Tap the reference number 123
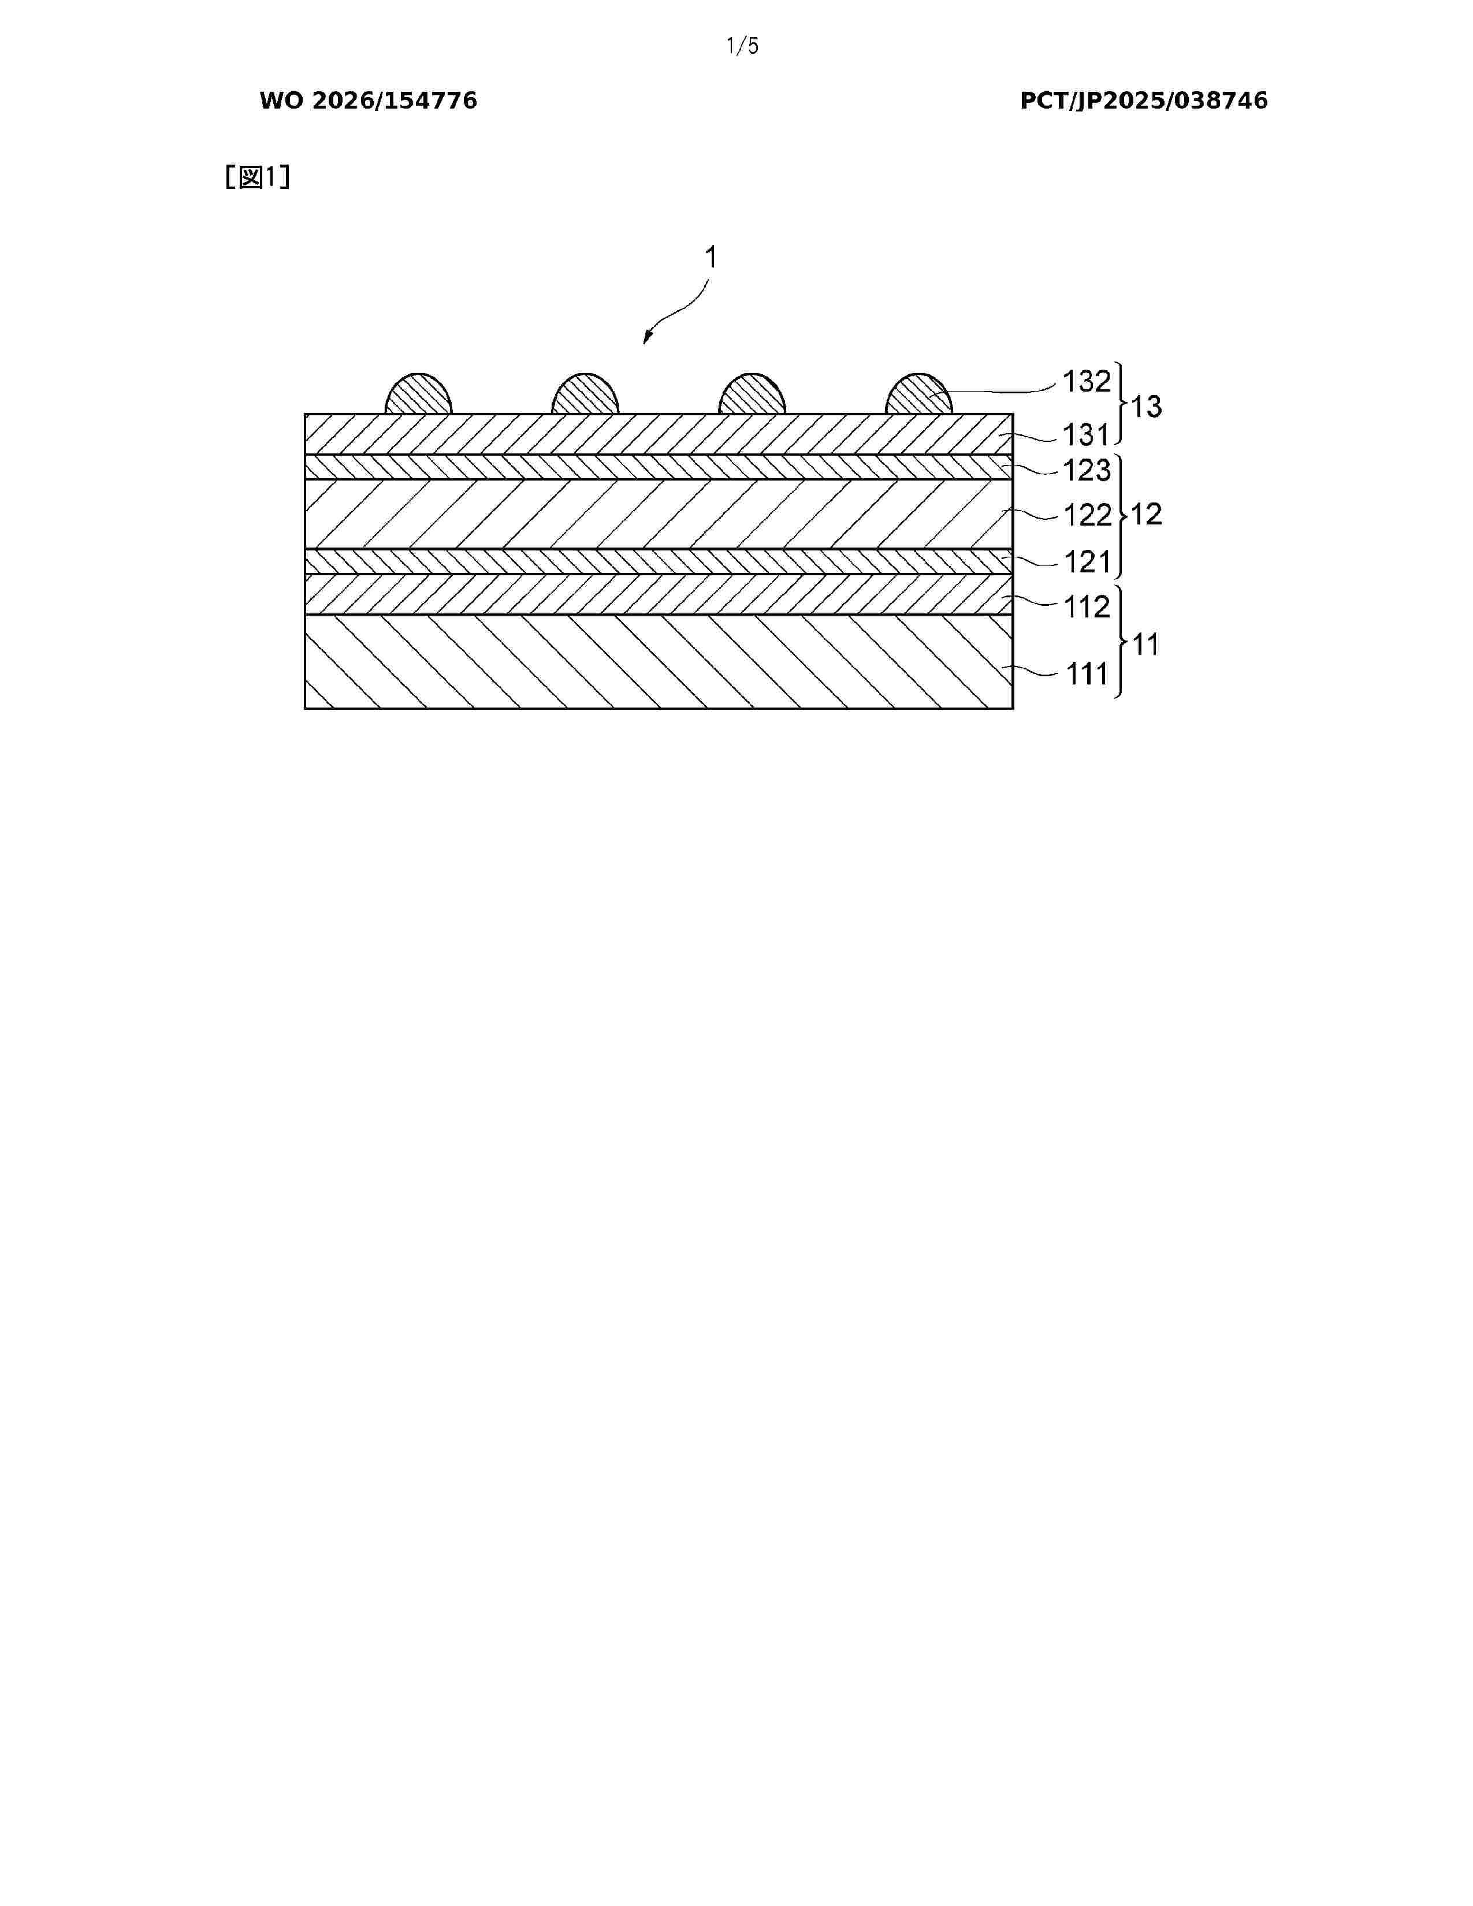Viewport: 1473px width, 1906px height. [1087, 470]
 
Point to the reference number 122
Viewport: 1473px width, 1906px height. [1087, 515]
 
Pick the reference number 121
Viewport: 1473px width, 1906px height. [1087, 562]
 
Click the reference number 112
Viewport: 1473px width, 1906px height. [1087, 606]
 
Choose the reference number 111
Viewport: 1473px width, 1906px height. [1087, 673]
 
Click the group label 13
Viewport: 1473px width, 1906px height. [1147, 407]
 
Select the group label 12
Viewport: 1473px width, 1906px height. [1147, 514]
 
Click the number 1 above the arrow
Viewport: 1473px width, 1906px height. [711, 258]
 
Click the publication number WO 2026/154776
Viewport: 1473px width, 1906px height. [369, 101]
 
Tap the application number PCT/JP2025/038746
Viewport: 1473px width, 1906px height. [1144, 101]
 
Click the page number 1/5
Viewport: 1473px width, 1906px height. [743, 46]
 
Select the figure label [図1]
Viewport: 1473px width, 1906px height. [258, 177]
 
